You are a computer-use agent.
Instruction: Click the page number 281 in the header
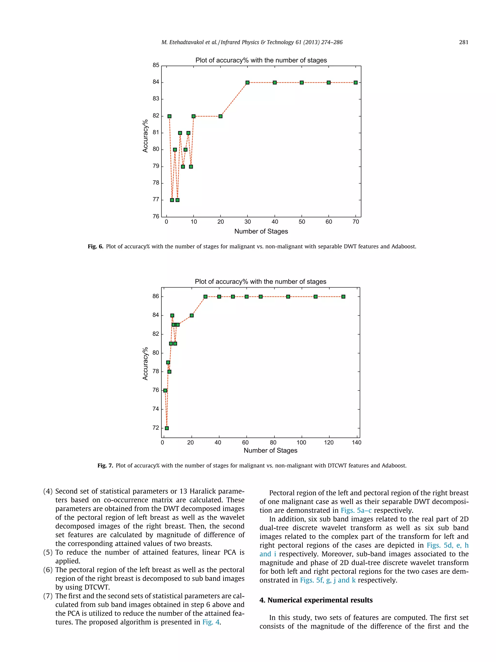click(463, 42)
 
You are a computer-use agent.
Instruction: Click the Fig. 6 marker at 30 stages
click(248, 82)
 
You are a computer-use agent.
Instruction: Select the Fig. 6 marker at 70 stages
click(356, 82)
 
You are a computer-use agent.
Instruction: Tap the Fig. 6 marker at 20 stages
click(220, 116)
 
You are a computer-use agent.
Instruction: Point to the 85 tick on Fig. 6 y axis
click(156, 65)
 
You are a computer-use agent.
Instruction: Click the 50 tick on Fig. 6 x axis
click(302, 222)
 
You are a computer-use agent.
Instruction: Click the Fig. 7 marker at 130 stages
click(343, 297)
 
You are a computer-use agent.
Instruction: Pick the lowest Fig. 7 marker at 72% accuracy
click(167, 428)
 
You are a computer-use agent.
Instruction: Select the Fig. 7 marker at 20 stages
click(192, 315)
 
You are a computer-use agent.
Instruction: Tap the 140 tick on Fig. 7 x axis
click(356, 443)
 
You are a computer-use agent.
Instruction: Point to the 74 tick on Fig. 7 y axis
click(156, 409)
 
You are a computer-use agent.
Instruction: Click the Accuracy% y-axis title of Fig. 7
click(145, 364)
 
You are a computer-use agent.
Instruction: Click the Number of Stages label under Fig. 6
click(261, 231)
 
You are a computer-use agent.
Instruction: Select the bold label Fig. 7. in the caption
click(105, 466)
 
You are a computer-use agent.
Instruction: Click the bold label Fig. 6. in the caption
click(95, 247)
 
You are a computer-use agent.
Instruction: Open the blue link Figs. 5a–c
click(356, 510)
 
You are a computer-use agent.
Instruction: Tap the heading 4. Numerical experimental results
click(316, 600)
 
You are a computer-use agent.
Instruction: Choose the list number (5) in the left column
click(48, 552)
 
